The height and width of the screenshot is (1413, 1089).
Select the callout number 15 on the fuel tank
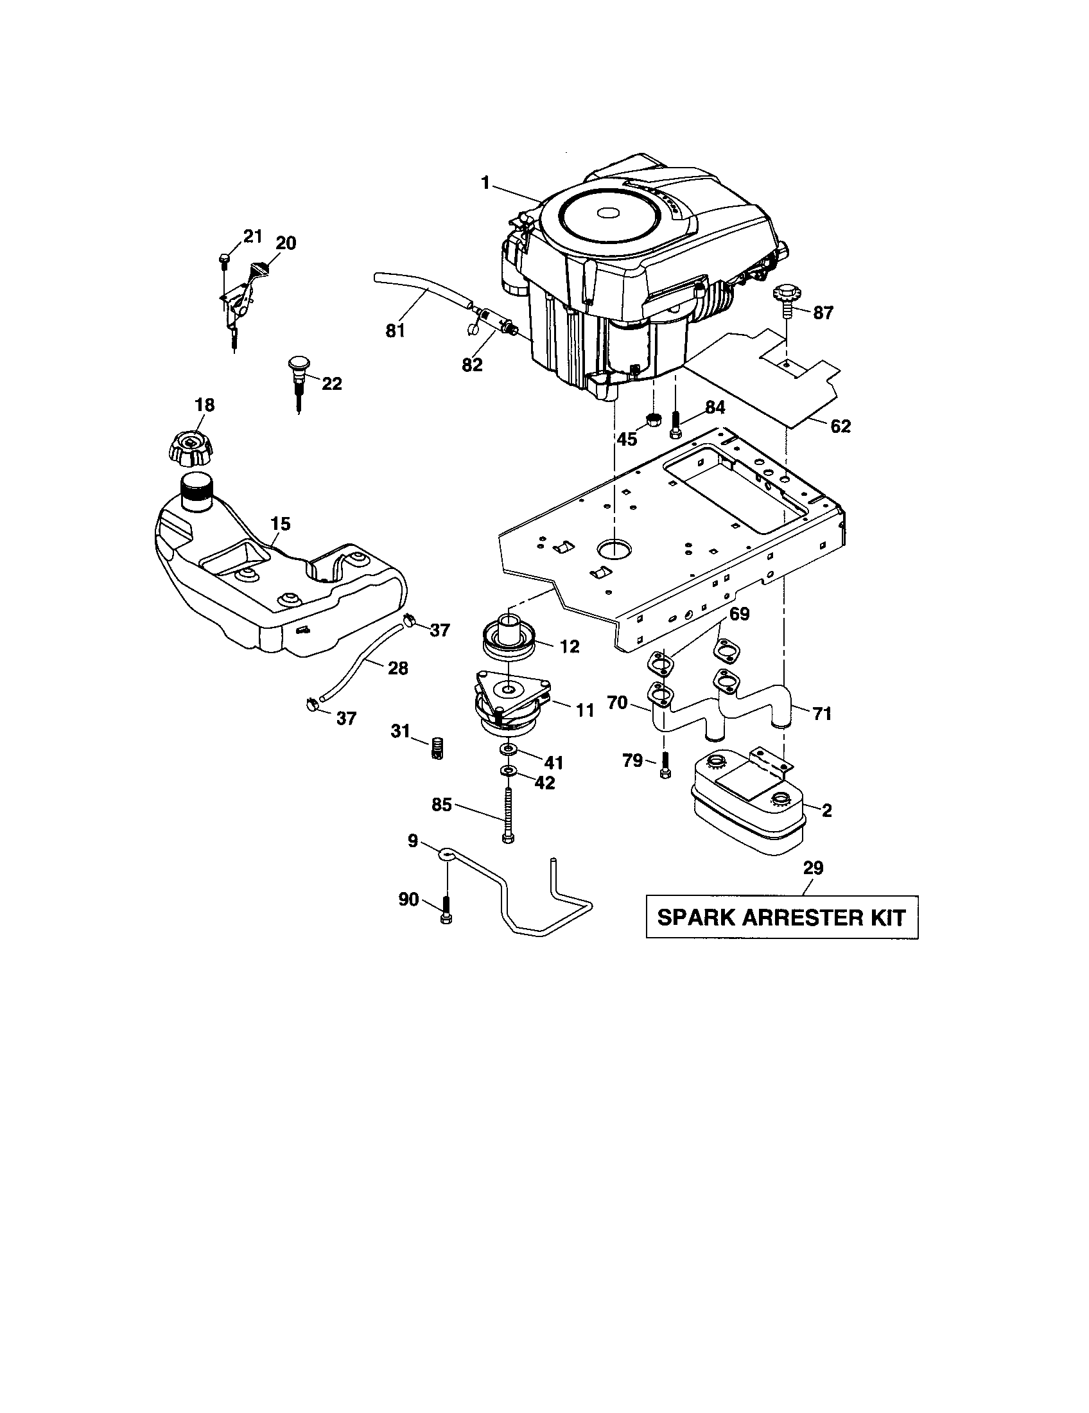click(x=280, y=524)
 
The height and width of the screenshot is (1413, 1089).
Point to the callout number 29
click(x=813, y=868)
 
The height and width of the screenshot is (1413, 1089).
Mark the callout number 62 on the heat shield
click(x=841, y=426)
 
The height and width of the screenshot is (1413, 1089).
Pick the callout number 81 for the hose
click(x=394, y=331)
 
